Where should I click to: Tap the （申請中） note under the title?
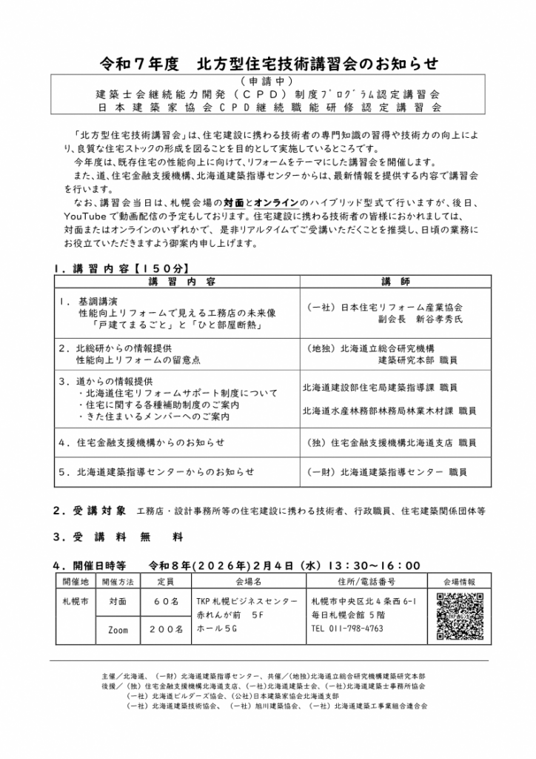coord(267,81)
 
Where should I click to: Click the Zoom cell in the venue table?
coord(118,629)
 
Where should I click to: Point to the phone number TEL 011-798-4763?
coord(347,629)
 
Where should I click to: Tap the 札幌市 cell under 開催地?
coord(75,601)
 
